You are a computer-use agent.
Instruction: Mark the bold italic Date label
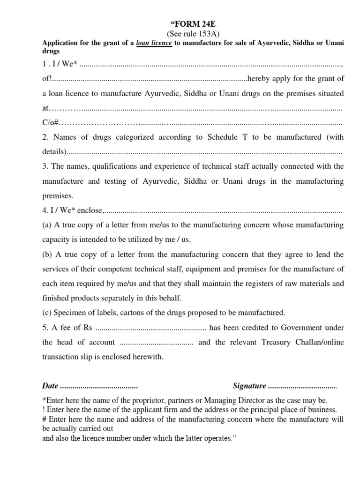tap(50, 386)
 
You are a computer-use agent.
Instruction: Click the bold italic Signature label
tap(249, 386)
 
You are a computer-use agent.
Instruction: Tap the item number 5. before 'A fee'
tap(45, 327)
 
